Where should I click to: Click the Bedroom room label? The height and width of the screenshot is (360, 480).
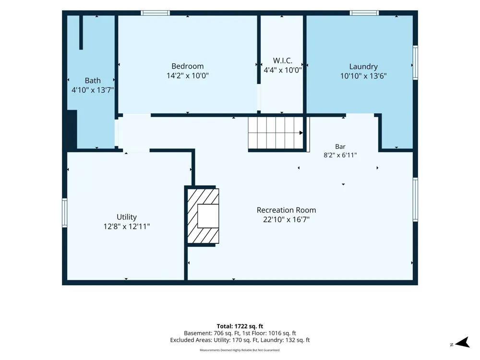point(187,66)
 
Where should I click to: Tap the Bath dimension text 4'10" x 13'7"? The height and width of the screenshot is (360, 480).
point(93,90)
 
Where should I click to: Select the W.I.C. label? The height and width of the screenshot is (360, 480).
point(283,60)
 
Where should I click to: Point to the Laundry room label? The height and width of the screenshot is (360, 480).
point(363,67)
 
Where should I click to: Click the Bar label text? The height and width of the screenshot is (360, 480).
point(340,146)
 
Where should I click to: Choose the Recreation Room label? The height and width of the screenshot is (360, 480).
point(286,210)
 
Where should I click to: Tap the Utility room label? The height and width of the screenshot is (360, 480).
point(126,217)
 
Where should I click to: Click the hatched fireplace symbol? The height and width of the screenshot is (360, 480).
point(203,216)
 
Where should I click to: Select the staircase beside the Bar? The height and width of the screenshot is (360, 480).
point(276,133)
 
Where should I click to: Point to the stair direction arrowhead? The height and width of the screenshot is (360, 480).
point(301,133)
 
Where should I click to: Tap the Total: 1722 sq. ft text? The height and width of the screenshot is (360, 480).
point(240,326)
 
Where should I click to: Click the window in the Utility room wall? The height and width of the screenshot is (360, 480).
point(65,213)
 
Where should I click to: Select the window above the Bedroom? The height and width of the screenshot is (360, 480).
point(155,13)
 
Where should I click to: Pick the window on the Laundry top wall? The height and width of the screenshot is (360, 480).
point(364,13)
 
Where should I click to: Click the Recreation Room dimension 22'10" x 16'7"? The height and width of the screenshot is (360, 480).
point(286,219)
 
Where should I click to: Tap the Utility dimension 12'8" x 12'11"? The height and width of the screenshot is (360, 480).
point(126,227)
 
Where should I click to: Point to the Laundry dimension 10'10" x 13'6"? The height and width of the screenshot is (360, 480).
point(363,76)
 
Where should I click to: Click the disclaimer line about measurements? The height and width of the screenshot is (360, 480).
point(240,350)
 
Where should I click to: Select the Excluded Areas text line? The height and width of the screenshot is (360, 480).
point(240,340)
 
